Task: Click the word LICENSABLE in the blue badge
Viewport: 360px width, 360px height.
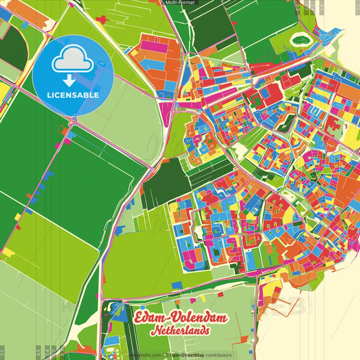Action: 72,93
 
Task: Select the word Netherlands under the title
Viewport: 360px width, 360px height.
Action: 180,332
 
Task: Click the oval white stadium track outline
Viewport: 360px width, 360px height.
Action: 299,41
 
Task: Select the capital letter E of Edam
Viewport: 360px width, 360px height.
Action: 140,319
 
